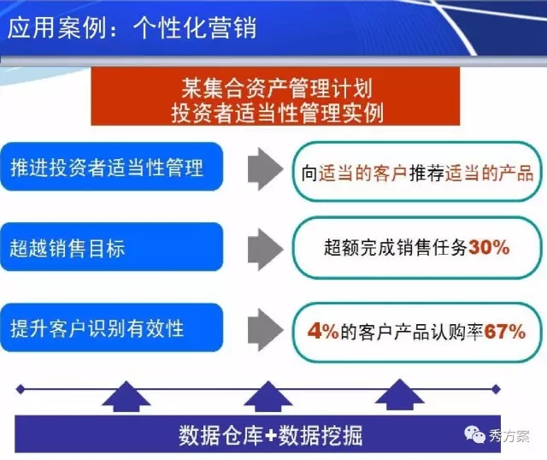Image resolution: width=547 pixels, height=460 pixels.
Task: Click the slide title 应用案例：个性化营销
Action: [132, 27]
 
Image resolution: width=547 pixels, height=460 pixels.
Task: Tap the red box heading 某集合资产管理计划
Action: [277, 88]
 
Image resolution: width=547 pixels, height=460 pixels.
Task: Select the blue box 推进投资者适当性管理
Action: [112, 167]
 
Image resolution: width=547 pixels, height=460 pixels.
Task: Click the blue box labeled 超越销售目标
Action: [112, 247]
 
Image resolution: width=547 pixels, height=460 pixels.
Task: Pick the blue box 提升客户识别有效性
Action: [112, 327]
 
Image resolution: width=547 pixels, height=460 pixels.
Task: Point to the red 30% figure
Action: [489, 247]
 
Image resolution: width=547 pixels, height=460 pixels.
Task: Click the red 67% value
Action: [505, 331]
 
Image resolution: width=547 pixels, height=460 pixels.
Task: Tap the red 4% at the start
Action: [323, 331]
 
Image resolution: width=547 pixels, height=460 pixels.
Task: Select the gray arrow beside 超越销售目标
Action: [266, 249]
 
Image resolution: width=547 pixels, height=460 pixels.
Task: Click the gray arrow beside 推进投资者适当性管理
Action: [266, 169]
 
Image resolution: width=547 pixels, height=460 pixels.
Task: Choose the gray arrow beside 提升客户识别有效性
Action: [266, 329]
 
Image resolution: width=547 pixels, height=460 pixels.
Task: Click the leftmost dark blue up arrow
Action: [126, 397]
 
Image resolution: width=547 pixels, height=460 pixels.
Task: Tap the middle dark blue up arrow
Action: [268, 397]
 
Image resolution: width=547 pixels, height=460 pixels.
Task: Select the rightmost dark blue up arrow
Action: [400, 395]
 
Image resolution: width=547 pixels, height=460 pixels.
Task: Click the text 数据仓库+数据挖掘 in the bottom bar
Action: [270, 435]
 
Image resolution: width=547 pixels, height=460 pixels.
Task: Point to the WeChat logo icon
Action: [474, 434]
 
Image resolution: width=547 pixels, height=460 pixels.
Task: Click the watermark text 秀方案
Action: [509, 436]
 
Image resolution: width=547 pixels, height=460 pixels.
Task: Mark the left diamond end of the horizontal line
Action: [21, 389]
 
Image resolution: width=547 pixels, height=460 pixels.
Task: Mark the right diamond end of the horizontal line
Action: [496, 389]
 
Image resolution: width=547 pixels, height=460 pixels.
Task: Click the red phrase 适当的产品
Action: [489, 173]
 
